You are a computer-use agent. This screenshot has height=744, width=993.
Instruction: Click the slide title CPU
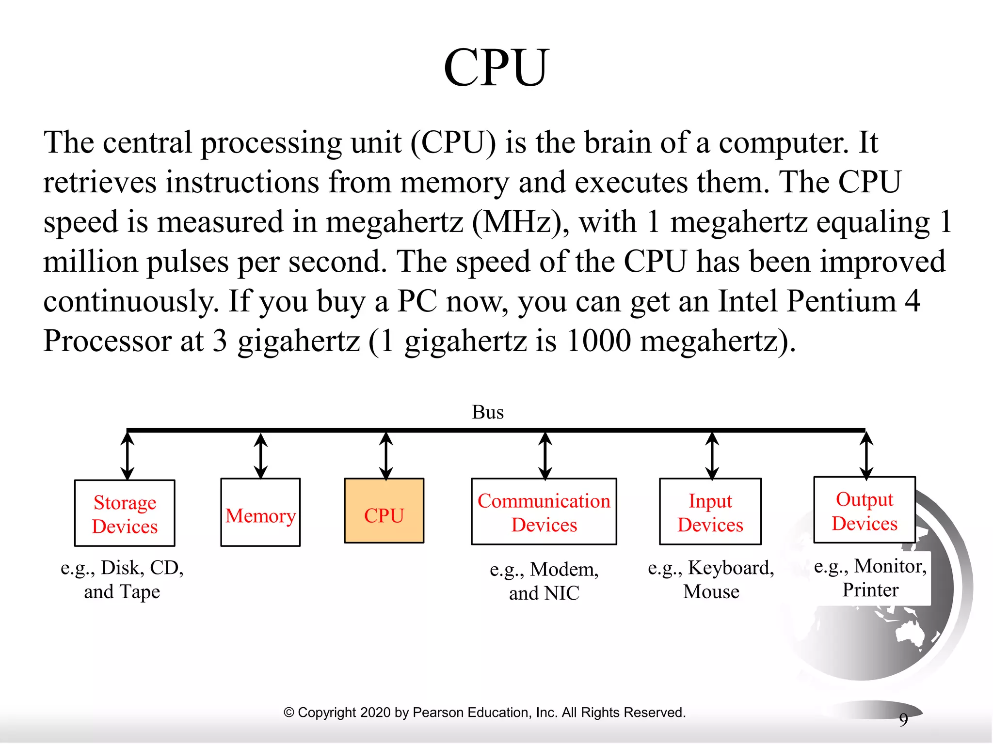pos(496,68)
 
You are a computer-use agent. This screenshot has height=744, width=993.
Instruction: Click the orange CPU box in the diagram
pos(384,511)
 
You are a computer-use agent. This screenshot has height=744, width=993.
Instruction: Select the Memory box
pos(260,512)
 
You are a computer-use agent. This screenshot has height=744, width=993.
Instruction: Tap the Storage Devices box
pos(125,513)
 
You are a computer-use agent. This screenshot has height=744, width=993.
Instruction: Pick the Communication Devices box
pos(544,511)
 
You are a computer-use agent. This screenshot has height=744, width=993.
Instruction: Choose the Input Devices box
pos(710,511)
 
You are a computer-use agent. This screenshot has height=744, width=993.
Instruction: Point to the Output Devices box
pos(865,510)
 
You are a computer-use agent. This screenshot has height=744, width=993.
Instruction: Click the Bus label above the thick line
pos(488,412)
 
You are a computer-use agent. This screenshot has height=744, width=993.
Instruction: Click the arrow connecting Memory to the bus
pos(261,455)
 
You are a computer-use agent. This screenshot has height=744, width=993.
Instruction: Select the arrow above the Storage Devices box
pos(128,456)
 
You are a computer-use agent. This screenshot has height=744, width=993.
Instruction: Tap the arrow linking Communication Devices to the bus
pos(545,455)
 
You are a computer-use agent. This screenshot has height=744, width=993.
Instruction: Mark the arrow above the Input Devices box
pos(712,455)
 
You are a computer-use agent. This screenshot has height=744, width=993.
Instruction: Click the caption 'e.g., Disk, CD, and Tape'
pos(122,579)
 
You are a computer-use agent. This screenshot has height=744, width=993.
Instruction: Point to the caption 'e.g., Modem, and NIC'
pos(544,581)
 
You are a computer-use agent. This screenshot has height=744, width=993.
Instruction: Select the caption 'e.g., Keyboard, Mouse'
pos(711,579)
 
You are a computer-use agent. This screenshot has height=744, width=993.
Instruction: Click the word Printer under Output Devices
pos(870,590)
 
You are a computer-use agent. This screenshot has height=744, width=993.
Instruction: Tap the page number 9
pos(903,720)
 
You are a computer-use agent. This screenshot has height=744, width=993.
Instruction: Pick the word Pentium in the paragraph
pos(841,301)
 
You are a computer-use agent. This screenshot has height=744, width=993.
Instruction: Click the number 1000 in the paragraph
pos(598,341)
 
